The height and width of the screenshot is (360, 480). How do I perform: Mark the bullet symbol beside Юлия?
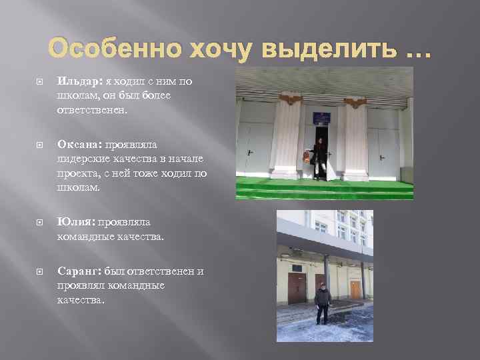tap(39, 223)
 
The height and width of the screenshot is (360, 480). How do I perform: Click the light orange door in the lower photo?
tap(356, 289)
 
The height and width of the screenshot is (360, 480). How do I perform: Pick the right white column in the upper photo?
tap(355, 140)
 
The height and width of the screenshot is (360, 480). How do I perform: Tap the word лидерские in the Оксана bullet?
tap(81, 159)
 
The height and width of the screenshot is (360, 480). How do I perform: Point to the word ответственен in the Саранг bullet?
tap(162, 271)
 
